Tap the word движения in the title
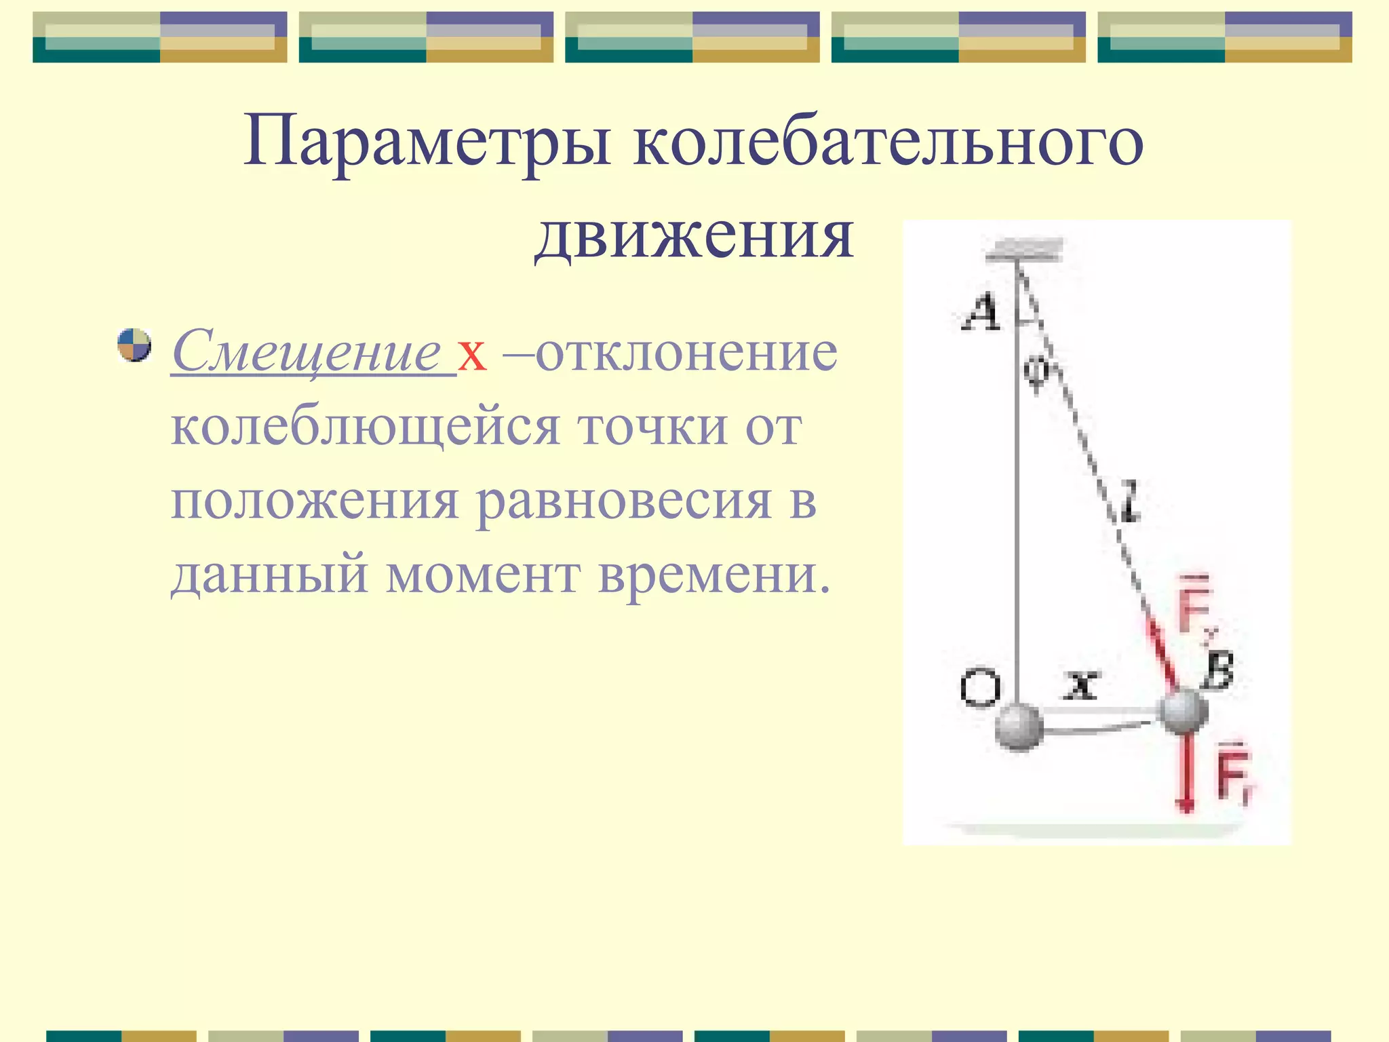(x=693, y=237)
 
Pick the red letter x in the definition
(x=472, y=354)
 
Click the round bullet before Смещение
(x=134, y=345)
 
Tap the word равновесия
(x=624, y=503)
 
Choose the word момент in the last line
(x=483, y=575)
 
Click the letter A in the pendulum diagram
(x=981, y=313)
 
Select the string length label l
(x=1129, y=502)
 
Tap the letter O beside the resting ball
(x=980, y=689)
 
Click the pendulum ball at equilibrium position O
(x=1019, y=727)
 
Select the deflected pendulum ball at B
(x=1183, y=711)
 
